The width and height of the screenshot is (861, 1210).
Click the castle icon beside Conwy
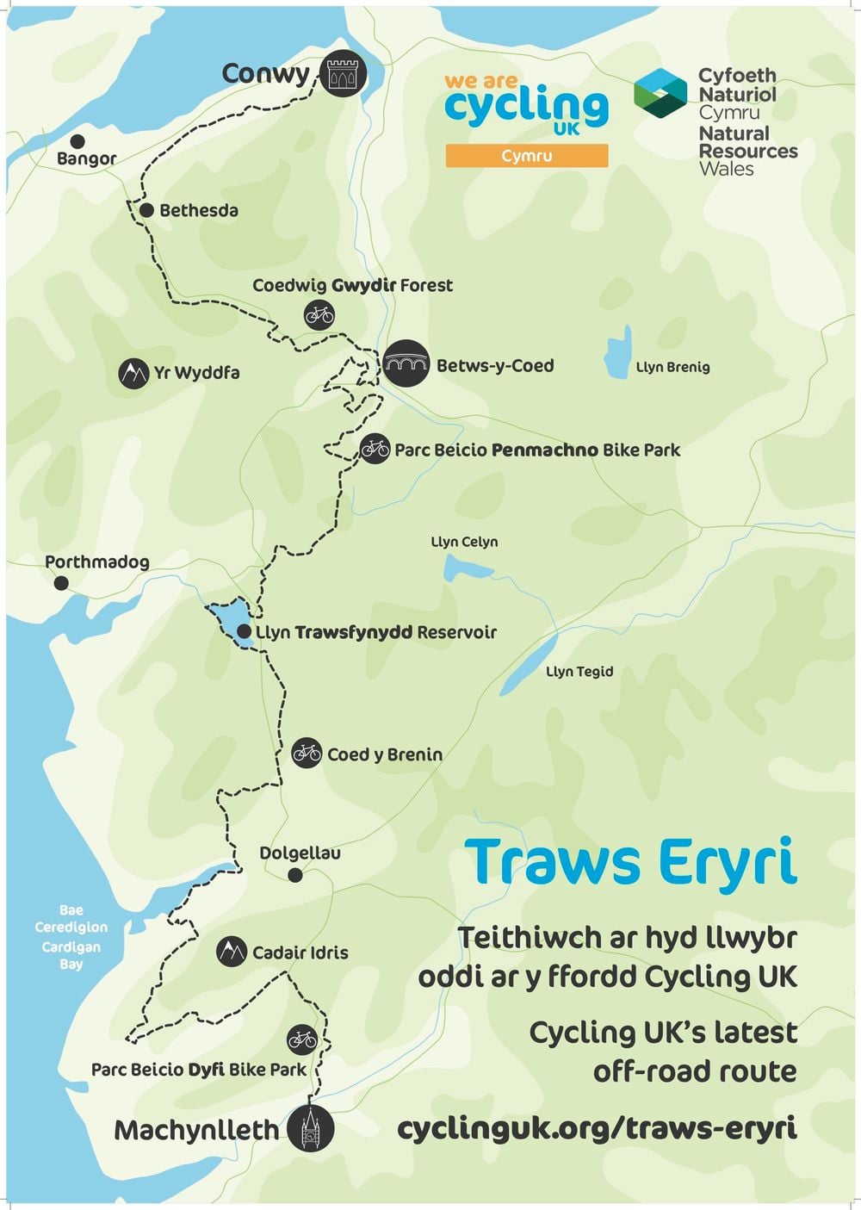(x=343, y=74)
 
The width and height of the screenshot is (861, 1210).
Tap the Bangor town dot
(x=77, y=141)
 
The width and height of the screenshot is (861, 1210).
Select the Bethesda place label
(x=198, y=210)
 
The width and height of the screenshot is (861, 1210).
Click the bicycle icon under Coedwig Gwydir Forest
(x=319, y=315)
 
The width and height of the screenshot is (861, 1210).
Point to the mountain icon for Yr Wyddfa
(x=133, y=373)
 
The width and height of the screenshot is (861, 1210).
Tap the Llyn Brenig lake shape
(x=617, y=354)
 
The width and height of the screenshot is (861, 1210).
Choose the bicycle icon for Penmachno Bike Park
(x=375, y=449)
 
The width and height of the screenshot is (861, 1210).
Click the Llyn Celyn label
(x=464, y=542)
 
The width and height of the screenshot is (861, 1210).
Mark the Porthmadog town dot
(x=61, y=583)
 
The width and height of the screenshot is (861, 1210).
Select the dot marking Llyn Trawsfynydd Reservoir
(x=244, y=632)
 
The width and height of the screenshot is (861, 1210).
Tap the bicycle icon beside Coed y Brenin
(x=307, y=754)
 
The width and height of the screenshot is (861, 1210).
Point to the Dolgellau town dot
(x=295, y=875)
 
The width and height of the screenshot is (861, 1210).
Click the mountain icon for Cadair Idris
(x=231, y=952)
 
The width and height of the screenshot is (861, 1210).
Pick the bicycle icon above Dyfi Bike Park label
(x=302, y=1039)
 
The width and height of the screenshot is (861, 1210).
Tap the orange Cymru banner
(x=526, y=156)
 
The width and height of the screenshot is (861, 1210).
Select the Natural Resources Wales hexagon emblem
(x=660, y=93)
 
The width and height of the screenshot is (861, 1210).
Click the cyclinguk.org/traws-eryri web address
(x=597, y=1128)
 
